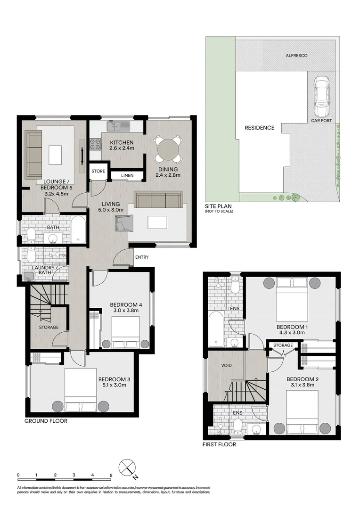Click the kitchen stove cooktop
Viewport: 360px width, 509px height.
pyautogui.click(x=94, y=142)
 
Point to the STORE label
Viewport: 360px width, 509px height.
pyautogui.click(x=98, y=171)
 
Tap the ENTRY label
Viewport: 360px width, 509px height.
pyautogui.click(x=142, y=257)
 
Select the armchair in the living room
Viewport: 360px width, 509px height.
pyautogui.click(x=124, y=222)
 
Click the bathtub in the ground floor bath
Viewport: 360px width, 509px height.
pyautogui.click(x=78, y=230)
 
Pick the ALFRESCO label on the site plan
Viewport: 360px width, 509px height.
pyautogui.click(x=297, y=56)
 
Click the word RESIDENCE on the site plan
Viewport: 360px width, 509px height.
pyautogui.click(x=259, y=128)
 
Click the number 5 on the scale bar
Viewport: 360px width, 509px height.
pyautogui.click(x=111, y=475)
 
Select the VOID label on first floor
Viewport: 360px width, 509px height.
pyautogui.click(x=226, y=365)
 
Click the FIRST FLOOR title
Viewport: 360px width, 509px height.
pyautogui.click(x=219, y=444)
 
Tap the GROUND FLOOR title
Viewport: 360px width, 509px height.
pyautogui.click(x=46, y=421)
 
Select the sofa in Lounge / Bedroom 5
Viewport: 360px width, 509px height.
pyautogui.click(x=33, y=154)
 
